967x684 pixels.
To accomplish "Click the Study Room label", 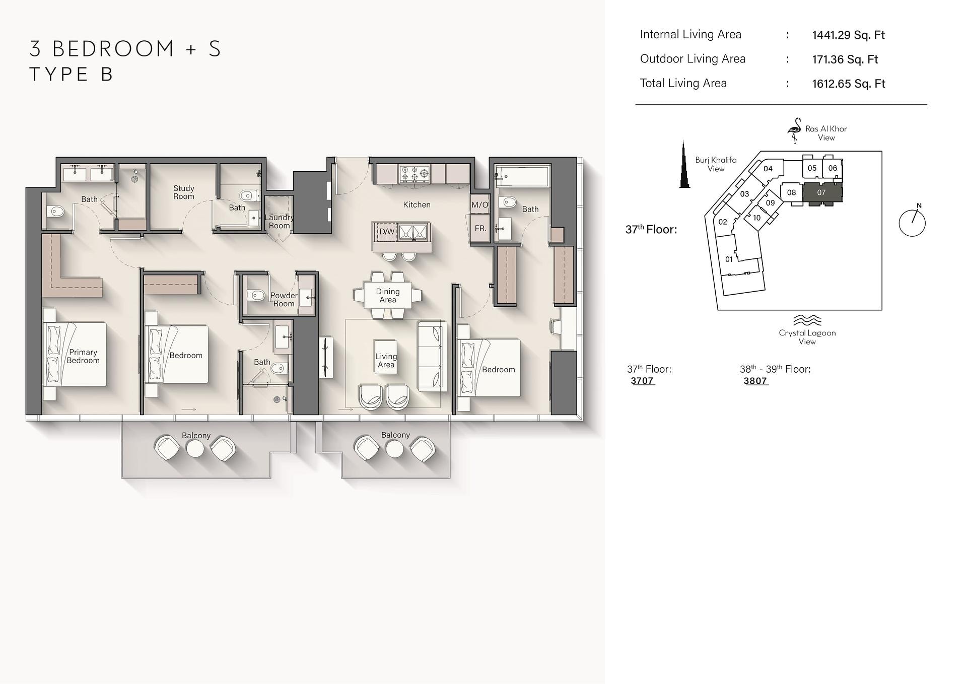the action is click(x=184, y=192).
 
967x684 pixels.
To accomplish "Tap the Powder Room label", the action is click(x=284, y=300).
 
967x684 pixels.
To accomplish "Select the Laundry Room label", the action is click(x=279, y=222).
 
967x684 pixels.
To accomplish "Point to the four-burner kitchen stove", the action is click(x=415, y=174).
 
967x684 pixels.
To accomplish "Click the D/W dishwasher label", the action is click(x=387, y=232).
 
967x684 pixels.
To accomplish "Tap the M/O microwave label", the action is click(x=480, y=205).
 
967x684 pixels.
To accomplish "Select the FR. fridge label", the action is click(x=480, y=228).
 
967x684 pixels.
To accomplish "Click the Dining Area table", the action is click(x=388, y=295).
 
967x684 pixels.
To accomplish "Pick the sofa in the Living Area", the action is click(x=432, y=357).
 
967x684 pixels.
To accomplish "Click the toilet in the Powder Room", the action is click(x=256, y=296).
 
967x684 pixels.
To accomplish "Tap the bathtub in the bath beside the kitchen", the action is click(x=522, y=176).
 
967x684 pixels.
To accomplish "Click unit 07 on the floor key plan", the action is click(x=821, y=193).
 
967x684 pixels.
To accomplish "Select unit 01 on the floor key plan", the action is click(x=729, y=259).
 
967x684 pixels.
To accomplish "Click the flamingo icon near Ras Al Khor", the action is click(x=794, y=130).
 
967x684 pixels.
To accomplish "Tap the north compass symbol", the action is click(x=912, y=222).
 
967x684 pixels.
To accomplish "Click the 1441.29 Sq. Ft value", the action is click(x=848, y=35).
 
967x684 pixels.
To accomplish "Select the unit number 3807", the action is click(x=755, y=381).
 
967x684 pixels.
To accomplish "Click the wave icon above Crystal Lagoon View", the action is click(x=807, y=320).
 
